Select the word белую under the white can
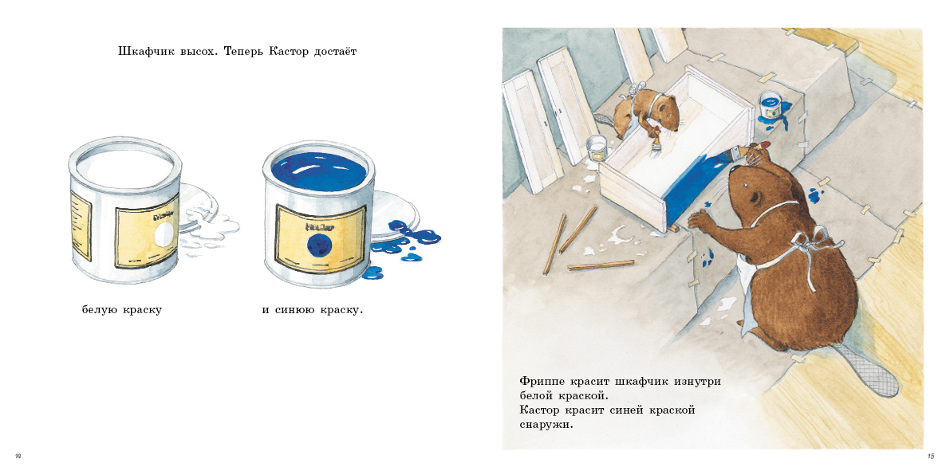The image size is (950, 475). pos(100,309)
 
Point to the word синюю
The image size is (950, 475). pos(296,309)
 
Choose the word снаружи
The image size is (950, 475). pos(546,425)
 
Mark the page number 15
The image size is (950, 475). pos(930,456)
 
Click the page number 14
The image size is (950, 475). pos(18,456)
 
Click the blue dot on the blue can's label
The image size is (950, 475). pos(318,241)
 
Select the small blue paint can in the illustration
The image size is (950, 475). pos(771,104)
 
